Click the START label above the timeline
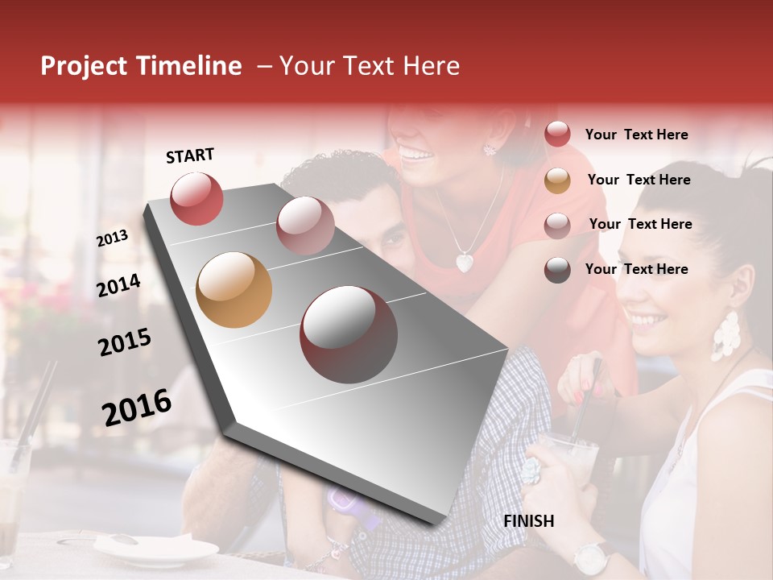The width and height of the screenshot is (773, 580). point(190,155)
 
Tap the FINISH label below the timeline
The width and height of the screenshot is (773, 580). point(528,521)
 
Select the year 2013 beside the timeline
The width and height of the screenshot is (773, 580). point(112,238)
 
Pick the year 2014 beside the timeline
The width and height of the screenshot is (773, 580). point(118,286)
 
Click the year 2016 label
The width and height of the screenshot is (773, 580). point(137,407)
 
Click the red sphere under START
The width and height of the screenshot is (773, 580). point(196,198)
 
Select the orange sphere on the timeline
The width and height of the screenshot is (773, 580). point(234,289)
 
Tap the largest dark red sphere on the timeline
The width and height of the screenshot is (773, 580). point(348,334)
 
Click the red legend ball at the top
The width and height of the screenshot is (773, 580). point(557,134)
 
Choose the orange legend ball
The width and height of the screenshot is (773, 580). point(557,180)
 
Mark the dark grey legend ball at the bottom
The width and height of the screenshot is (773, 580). point(557,270)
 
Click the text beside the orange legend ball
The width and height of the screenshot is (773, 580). point(639,180)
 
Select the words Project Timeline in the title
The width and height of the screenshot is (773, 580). point(141,66)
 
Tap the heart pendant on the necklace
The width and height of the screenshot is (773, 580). point(465,262)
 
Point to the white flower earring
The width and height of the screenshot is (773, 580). point(725,336)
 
